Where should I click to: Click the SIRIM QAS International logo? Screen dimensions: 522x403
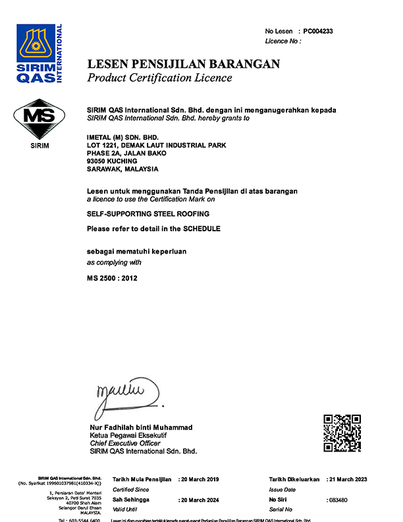[39, 53]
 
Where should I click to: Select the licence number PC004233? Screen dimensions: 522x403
[318, 31]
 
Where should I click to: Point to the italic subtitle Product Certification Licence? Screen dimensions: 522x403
[159, 78]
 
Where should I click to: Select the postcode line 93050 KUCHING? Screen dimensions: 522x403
[112, 161]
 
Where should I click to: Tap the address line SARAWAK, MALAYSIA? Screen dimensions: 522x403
[122, 169]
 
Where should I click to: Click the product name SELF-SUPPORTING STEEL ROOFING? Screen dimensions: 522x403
[148, 214]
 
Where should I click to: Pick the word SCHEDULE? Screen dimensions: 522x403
[201, 228]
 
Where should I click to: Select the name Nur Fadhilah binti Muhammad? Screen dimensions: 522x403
[141, 428]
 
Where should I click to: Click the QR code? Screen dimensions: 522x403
[342, 434]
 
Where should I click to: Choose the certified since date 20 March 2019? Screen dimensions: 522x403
[201, 479]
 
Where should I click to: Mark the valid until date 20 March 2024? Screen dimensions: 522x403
[201, 500]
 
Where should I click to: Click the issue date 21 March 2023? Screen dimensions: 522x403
[349, 479]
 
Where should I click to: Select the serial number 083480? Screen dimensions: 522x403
[338, 500]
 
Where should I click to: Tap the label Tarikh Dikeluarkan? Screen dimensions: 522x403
[294, 479]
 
